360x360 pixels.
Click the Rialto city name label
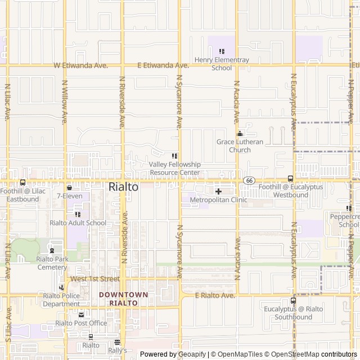[x=123, y=187]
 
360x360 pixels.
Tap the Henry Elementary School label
[x=222, y=64]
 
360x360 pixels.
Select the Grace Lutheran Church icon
[x=240, y=134]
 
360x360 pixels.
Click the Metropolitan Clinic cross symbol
[x=219, y=192]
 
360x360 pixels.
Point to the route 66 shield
[x=249, y=180]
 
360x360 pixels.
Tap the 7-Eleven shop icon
[x=69, y=188]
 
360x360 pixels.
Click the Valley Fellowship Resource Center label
[x=174, y=168]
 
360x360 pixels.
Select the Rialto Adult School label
[x=78, y=223]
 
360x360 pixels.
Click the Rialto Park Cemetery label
[x=52, y=263]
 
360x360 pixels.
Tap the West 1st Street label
[x=94, y=278]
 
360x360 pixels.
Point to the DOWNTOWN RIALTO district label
[x=123, y=299]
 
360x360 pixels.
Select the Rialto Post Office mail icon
[x=81, y=315]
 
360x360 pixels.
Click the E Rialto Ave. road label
[x=215, y=295]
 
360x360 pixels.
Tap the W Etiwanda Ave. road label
[x=80, y=66]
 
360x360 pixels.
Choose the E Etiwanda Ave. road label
[x=163, y=66]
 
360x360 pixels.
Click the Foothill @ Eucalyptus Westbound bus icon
[x=290, y=178]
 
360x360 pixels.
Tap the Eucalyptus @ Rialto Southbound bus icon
[x=293, y=300]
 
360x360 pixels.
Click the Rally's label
[x=118, y=350]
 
